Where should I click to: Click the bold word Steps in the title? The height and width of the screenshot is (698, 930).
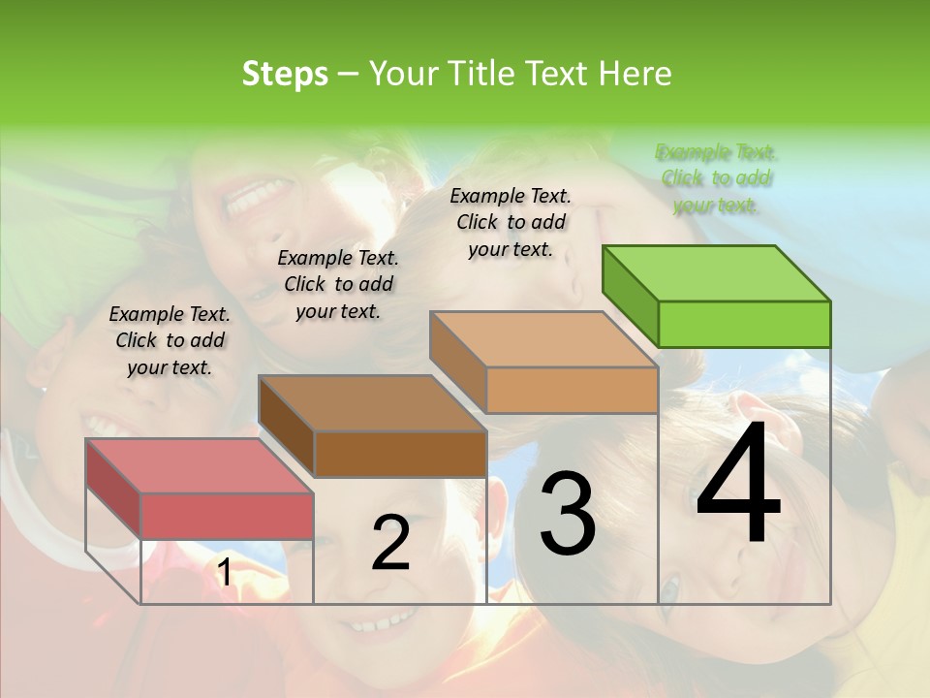(285, 74)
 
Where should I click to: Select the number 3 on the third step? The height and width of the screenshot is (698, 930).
(568, 514)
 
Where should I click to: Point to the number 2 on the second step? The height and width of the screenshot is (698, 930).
(391, 543)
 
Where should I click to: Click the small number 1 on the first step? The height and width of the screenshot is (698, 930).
(224, 573)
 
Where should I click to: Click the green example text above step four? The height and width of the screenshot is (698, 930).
(717, 178)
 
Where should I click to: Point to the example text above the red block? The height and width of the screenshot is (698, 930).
(170, 340)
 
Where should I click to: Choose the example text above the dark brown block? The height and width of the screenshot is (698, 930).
(338, 284)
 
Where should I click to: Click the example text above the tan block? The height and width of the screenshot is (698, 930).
(511, 222)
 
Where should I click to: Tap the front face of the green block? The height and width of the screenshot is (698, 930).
(744, 324)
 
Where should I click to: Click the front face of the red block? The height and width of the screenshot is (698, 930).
(227, 516)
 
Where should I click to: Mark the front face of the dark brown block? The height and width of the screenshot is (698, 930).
(400, 454)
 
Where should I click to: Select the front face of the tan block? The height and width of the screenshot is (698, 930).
(572, 391)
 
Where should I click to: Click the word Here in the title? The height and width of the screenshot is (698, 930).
(635, 74)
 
